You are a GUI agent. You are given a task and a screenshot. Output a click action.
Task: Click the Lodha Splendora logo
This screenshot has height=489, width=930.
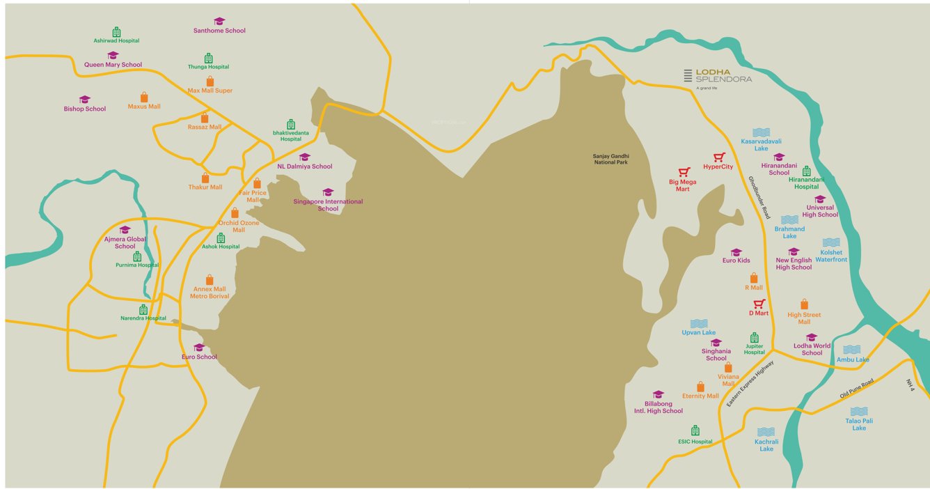point(717,77)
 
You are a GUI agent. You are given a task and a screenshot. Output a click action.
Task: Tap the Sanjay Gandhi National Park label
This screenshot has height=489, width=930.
point(610,160)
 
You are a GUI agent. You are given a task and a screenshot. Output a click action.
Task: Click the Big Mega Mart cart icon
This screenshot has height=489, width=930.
point(684,172)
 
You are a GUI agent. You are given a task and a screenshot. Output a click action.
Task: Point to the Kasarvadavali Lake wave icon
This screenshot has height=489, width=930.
point(761,132)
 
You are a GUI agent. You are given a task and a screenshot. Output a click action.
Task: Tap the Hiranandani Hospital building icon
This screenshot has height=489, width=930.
point(806,171)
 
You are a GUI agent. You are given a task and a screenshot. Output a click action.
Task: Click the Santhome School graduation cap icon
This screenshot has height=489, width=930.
point(219,22)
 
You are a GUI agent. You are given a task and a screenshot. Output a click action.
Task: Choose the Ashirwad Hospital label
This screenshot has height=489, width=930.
point(116,40)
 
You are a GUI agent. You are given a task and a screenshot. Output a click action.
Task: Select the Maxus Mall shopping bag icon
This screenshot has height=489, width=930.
point(144,98)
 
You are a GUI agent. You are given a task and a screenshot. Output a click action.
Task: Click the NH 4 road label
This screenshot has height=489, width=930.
point(910,385)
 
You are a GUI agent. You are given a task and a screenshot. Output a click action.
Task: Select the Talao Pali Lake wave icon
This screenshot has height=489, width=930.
point(859,411)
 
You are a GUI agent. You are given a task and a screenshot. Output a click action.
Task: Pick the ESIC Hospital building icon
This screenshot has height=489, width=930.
point(695,430)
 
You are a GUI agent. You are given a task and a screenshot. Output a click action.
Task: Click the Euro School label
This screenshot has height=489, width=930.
point(199,357)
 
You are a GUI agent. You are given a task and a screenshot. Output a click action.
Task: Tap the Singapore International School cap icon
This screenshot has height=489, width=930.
point(328,192)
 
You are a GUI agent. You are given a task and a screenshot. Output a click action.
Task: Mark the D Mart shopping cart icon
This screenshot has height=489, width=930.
point(759,304)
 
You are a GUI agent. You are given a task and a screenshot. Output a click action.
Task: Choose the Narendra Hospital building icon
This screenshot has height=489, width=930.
point(143,309)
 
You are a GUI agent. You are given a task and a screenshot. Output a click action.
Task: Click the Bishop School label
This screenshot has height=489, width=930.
point(85,109)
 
